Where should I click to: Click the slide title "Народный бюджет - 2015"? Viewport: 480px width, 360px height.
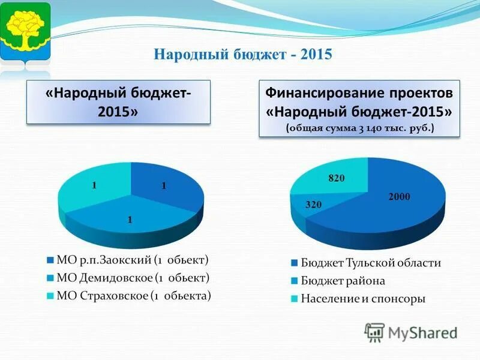[243, 55]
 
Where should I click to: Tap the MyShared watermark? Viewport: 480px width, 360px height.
[411, 332]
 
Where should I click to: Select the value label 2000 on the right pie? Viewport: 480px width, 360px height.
[399, 196]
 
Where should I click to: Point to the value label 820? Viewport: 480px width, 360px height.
[336, 178]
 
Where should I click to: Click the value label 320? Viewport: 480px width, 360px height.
[314, 205]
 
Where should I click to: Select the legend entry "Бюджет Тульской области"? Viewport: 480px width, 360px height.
[370, 263]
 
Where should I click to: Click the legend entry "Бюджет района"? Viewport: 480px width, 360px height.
[343, 281]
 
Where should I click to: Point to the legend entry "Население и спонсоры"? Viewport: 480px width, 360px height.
[362, 298]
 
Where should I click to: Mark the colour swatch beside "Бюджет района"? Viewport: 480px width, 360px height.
[295, 281]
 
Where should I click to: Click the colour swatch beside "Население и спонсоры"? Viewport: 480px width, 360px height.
[295, 298]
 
